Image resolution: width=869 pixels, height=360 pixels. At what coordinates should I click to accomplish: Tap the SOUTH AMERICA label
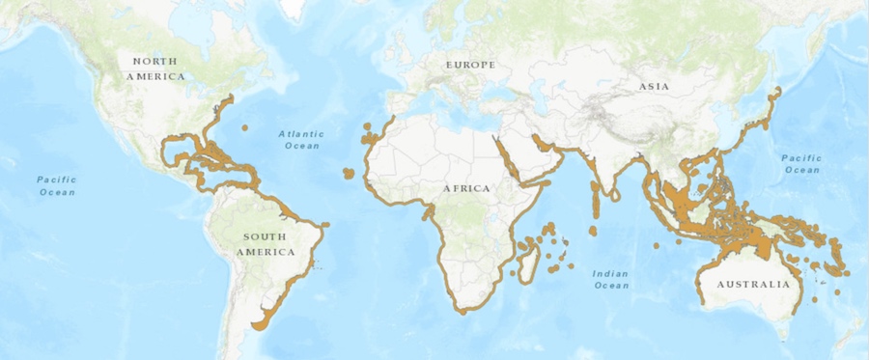(268, 244)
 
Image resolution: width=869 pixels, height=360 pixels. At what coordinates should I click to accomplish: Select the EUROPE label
(470, 65)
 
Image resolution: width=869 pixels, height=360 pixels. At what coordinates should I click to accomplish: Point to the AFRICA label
(467, 187)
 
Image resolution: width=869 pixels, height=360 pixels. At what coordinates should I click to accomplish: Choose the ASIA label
(654, 87)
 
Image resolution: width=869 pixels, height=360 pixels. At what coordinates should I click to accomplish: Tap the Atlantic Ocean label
(301, 139)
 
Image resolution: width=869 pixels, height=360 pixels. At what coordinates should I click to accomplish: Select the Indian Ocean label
(611, 279)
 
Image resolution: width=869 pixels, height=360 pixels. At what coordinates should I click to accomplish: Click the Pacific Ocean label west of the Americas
(56, 185)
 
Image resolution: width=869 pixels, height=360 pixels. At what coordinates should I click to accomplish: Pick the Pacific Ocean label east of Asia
(800, 163)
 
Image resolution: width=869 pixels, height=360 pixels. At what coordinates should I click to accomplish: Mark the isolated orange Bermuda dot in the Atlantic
(245, 127)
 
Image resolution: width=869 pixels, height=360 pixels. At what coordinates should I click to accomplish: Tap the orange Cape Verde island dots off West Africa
(348, 174)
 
